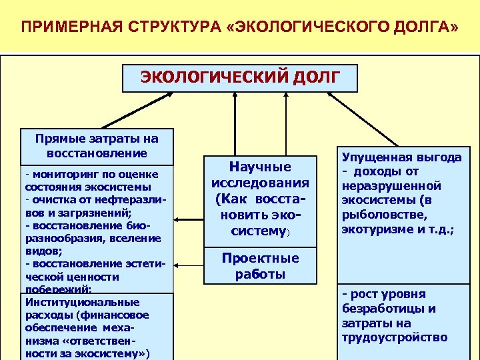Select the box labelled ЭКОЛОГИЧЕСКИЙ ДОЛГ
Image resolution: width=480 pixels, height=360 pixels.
[x=239, y=77]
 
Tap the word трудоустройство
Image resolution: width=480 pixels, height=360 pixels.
[x=394, y=337]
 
